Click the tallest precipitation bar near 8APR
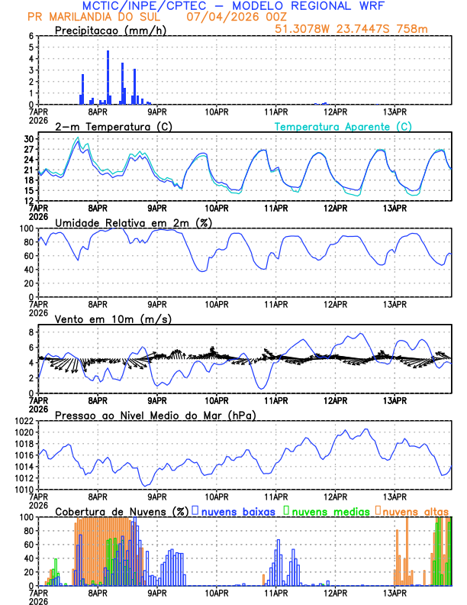pyautogui.click(x=108, y=77)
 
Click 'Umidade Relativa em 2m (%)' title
pyautogui.click(x=134, y=222)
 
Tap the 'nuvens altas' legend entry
pyautogui.click(x=414, y=511)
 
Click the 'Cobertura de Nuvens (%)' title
pyautogui.click(x=121, y=511)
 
